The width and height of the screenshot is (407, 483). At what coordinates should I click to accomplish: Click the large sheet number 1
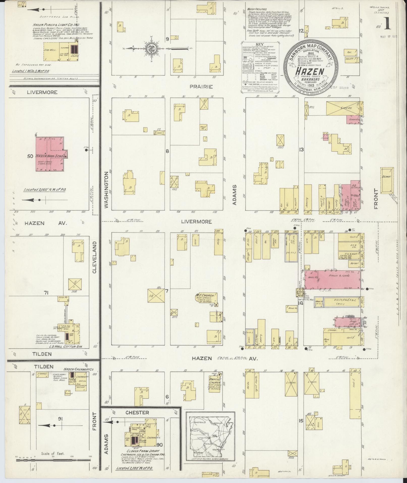coord(387,23)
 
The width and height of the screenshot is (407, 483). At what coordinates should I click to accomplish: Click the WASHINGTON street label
coord(106,190)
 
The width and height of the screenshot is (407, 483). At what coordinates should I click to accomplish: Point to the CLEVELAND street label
coord(95,257)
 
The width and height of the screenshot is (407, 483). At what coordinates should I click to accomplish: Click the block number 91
coord(60,419)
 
